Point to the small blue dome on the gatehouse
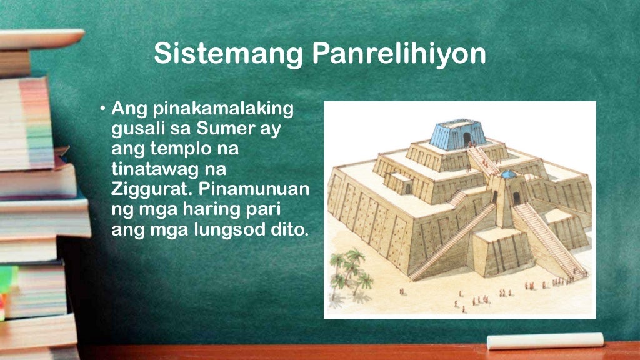point(509,174)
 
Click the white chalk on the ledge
point(544,341)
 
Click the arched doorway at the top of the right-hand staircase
point(517,199)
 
